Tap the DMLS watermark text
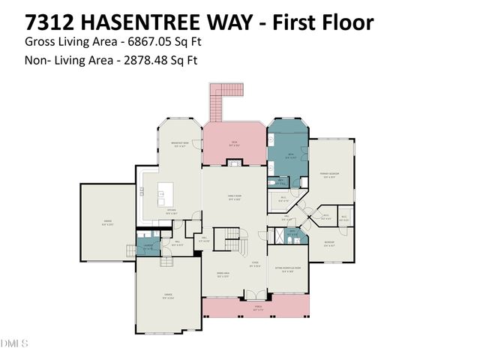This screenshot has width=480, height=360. pyautogui.click(x=14, y=343)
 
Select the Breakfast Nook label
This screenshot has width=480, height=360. pyautogui.click(x=180, y=145)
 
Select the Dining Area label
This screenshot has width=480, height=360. pyautogui.click(x=223, y=275)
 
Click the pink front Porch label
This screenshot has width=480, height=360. pyautogui.click(x=255, y=308)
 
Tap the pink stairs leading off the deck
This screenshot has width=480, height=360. pyautogui.click(x=216, y=104)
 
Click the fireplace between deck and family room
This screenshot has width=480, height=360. pyautogui.click(x=235, y=162)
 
